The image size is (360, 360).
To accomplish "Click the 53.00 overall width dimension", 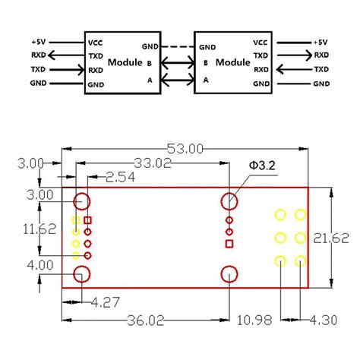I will click(x=185, y=150).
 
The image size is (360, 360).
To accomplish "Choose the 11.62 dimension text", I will click(x=19, y=229).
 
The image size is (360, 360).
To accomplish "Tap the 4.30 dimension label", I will click(x=323, y=320).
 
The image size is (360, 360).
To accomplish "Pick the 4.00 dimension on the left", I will click(x=19, y=265).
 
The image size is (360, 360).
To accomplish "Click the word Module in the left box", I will click(x=125, y=62).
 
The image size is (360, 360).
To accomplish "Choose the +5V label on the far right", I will click(x=318, y=43).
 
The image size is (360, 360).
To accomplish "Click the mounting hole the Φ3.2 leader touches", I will click(x=229, y=201).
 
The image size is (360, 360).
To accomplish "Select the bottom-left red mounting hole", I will click(x=81, y=275).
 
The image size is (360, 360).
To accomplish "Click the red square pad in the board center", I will click(x=229, y=243).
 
